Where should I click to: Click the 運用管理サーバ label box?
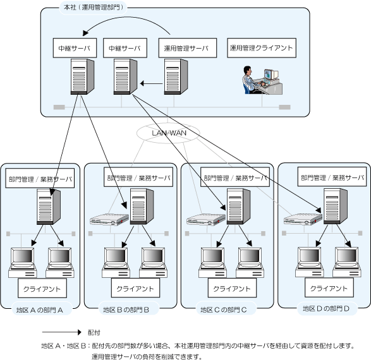(187, 48)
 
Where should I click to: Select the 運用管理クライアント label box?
(262, 48)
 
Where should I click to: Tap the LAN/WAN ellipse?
(168, 133)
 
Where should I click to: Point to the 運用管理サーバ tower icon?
(176, 77)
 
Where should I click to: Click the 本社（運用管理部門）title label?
(93, 8)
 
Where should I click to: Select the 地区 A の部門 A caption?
(40, 310)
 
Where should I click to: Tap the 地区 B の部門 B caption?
(126, 309)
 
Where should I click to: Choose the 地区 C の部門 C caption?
(224, 309)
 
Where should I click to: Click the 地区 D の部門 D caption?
(326, 308)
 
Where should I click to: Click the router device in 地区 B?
(109, 219)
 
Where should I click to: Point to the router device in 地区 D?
(303, 219)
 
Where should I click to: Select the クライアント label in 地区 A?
(42, 289)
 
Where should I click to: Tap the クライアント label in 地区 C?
(232, 288)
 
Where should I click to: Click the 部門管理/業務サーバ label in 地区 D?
(332, 177)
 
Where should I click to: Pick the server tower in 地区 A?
(49, 207)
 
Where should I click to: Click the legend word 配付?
(94, 332)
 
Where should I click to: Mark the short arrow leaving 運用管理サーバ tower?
(152, 83)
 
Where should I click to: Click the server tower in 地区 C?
(238, 206)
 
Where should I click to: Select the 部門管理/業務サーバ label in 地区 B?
(138, 177)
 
